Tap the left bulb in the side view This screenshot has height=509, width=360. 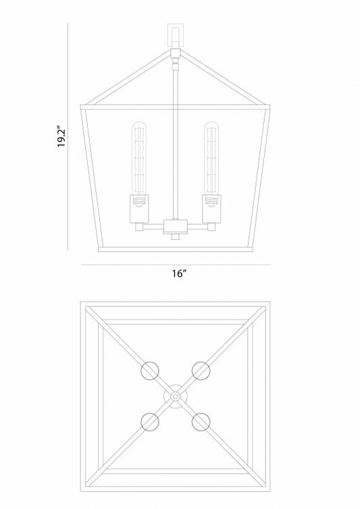[140, 159]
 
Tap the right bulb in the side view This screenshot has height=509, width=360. [210, 159]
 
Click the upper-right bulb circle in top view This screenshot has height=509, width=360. [201, 370]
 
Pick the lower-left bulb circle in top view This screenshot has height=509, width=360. [150, 422]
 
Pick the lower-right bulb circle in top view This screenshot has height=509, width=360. [201, 422]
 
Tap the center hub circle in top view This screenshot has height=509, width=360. [176, 396]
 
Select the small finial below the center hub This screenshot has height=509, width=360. [176, 237]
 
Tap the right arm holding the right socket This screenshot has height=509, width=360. [197, 228]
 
